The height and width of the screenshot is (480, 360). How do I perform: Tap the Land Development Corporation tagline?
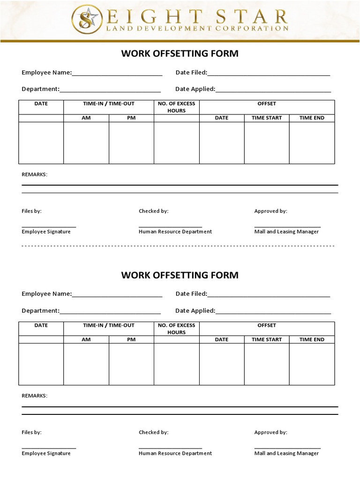tap(198, 28)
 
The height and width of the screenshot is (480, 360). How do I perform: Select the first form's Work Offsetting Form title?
tap(180, 53)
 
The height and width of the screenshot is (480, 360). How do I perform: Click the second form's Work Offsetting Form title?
tap(180, 275)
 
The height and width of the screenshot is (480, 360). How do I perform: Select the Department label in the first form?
tap(40, 89)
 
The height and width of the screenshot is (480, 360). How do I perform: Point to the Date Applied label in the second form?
tap(195, 311)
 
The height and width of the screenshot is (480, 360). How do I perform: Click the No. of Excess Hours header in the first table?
tap(177, 107)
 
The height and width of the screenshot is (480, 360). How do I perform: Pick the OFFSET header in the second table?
tap(267, 325)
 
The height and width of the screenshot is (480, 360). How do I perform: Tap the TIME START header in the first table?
tap(267, 118)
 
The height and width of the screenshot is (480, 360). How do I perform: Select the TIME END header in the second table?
tap(312, 339)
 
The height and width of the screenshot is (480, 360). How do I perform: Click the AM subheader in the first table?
tap(86, 118)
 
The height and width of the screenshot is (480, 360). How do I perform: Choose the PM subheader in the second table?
tap(131, 339)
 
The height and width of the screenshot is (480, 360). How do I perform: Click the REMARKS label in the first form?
tap(35, 174)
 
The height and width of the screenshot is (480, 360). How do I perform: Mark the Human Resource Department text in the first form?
tap(175, 232)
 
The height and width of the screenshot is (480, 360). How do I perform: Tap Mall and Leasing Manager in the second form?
tap(286, 453)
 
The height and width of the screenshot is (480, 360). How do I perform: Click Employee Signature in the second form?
tap(46, 453)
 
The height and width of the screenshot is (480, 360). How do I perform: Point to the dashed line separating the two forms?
tap(178, 246)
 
